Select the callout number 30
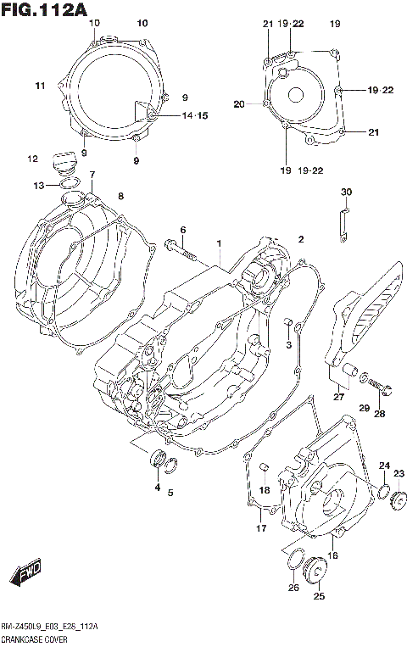point(346,192)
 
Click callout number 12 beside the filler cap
point(32,159)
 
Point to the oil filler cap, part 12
point(64,161)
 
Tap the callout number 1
point(220,244)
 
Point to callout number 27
point(338,396)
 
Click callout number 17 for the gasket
point(262,529)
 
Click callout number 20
point(238,104)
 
